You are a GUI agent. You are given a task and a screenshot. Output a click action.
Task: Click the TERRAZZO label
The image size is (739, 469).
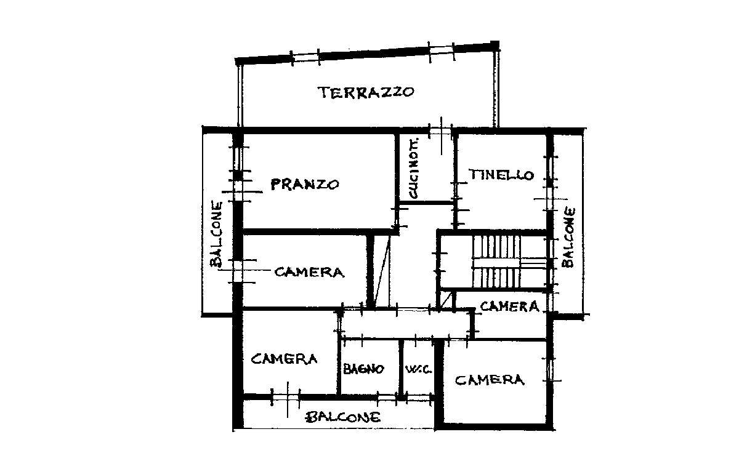click(366, 93)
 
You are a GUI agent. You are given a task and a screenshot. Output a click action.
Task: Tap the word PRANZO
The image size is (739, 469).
click(305, 184)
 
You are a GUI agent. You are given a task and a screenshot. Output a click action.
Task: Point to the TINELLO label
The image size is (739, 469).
click(501, 175)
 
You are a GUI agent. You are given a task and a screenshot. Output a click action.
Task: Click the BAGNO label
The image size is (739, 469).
click(363, 369)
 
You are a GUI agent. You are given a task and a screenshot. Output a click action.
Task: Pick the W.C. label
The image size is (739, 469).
click(416, 370)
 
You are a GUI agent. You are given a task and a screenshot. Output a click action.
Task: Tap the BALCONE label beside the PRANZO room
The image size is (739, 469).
click(216, 233)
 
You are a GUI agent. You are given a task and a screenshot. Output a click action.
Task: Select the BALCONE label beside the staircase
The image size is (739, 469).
click(568, 237)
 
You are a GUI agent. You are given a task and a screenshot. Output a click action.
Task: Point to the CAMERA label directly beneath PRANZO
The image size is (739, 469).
click(309, 271)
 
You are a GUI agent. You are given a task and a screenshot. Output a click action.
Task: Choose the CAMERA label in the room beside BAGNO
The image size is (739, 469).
click(284, 359)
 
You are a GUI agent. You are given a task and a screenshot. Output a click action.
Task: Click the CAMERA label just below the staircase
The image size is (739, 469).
click(509, 306)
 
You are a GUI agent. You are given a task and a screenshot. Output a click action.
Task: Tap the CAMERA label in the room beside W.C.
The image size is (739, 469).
click(490, 380)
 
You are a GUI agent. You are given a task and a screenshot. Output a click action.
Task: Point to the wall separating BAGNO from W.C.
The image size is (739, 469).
click(400, 368)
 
